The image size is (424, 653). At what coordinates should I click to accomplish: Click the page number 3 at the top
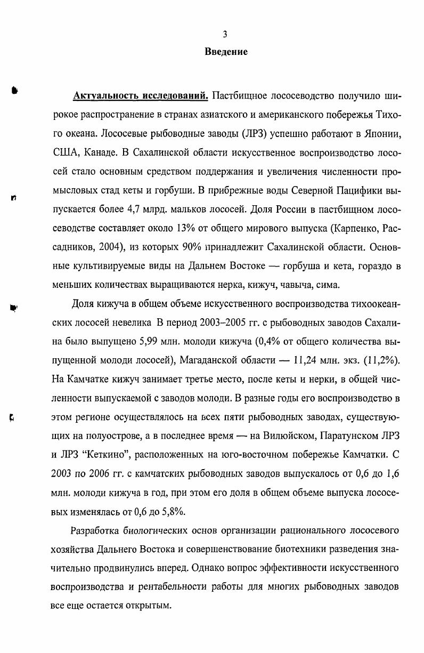pos(225,34)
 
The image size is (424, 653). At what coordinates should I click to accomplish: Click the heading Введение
pos(226,52)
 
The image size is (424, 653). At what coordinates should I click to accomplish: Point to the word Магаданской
pos(209,360)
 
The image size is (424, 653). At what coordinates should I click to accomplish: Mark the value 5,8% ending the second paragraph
pos(173,511)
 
